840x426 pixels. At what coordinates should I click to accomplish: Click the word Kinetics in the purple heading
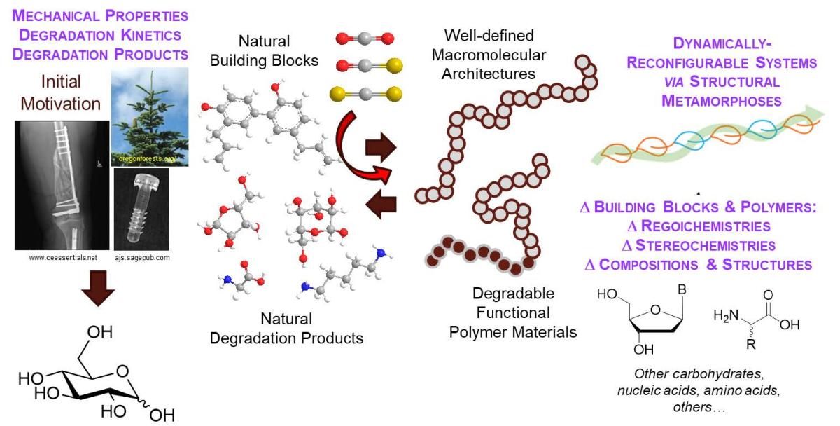click(150, 35)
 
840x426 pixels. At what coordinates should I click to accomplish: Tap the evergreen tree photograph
click(150, 117)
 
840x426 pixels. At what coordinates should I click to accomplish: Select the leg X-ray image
click(62, 185)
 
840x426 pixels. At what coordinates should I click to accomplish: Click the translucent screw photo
click(141, 209)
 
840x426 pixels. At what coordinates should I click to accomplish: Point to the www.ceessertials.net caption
click(63, 257)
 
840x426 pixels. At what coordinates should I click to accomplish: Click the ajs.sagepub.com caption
click(142, 258)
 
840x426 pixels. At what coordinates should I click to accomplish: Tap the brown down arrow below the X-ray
click(98, 288)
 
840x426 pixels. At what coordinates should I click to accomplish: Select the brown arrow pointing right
click(381, 147)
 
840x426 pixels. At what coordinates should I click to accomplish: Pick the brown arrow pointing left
click(381, 204)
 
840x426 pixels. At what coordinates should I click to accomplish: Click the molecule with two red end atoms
click(365, 39)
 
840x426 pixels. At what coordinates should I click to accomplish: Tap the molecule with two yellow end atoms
click(366, 94)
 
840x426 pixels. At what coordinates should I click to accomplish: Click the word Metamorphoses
click(721, 101)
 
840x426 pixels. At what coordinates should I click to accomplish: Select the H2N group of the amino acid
click(726, 316)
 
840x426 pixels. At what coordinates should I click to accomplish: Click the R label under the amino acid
click(750, 344)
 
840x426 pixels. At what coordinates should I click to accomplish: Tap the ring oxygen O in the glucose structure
click(122, 371)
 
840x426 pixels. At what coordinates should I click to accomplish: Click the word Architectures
click(489, 74)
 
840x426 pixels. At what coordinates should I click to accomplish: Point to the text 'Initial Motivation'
click(61, 92)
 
